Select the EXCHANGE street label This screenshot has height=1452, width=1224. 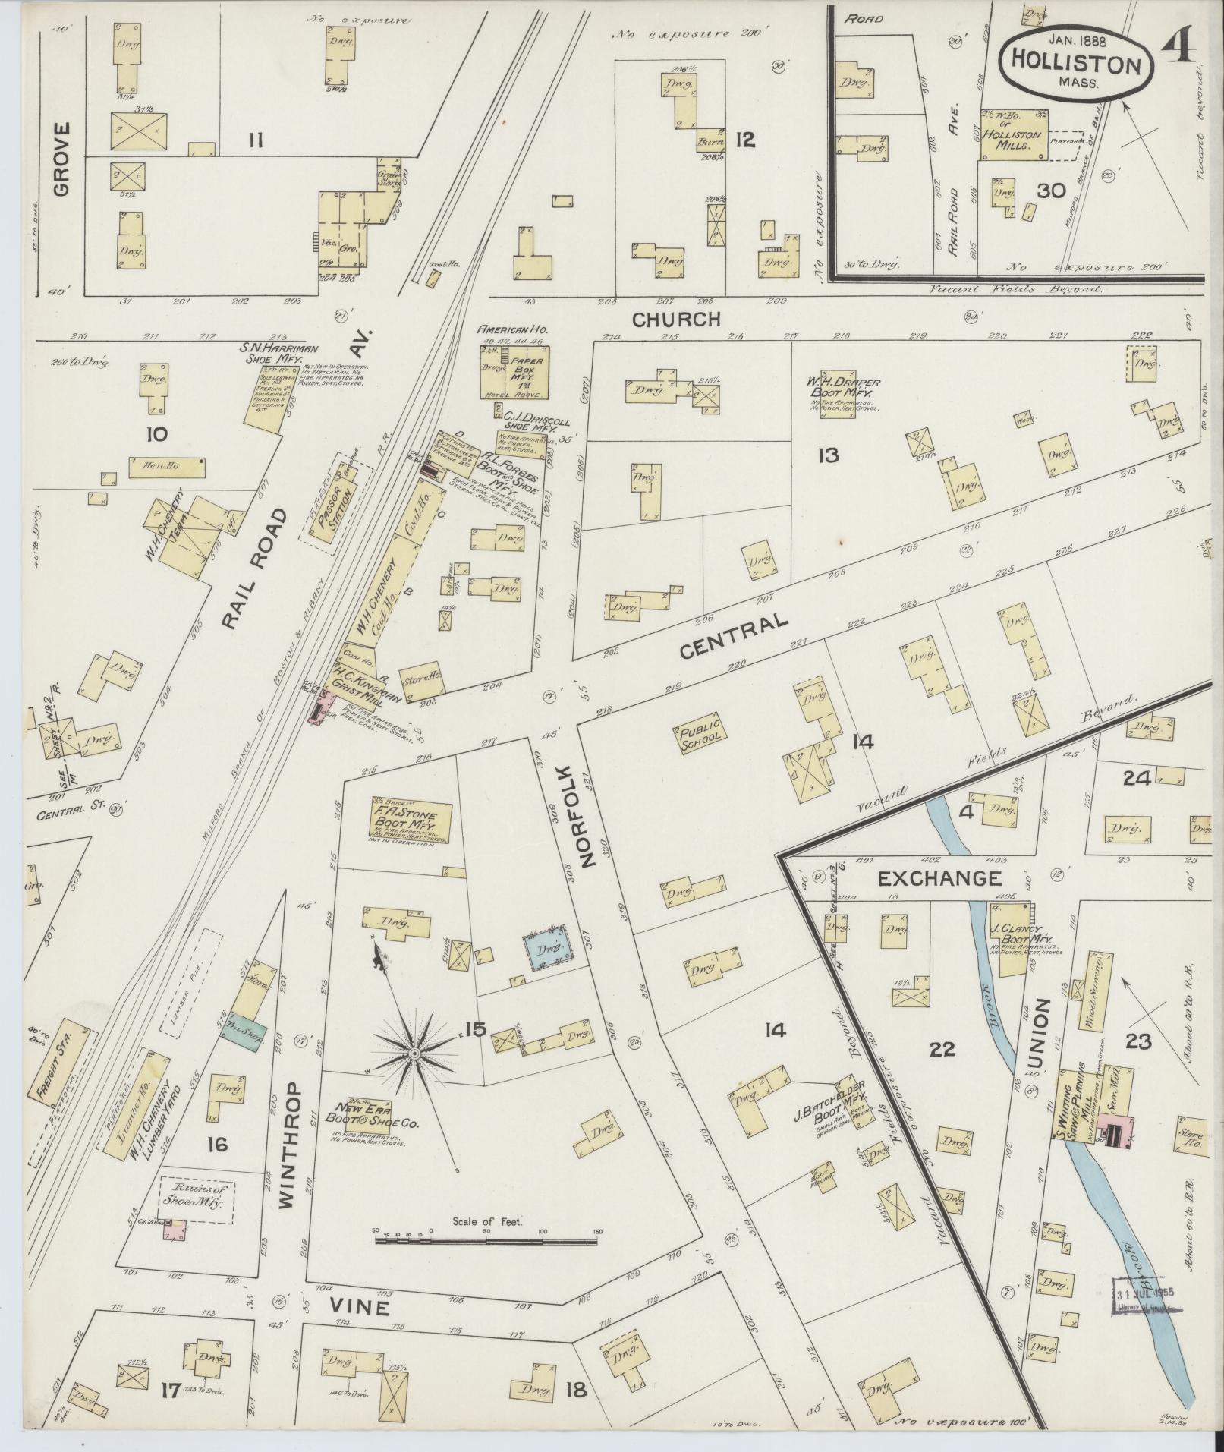[x=939, y=879]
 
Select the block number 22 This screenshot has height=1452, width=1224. [x=941, y=1050]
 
